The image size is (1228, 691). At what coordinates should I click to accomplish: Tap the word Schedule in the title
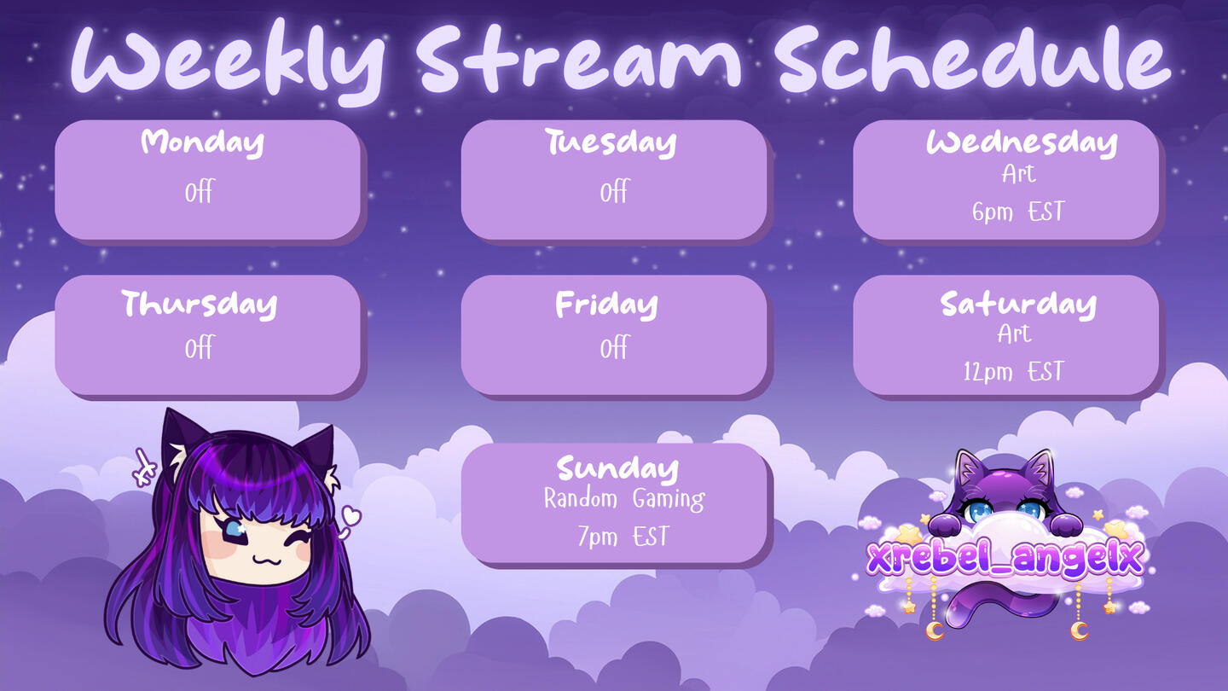coord(974,58)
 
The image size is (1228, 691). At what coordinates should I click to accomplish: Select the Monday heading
coord(202,142)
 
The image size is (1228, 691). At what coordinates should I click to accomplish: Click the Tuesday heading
coord(611,142)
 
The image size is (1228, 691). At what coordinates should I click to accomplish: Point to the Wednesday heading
coord(1022,142)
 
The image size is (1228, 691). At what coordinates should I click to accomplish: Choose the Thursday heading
coord(199,305)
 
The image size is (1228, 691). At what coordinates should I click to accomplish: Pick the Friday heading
coord(606,305)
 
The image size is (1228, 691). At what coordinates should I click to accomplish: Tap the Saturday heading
coord(1018,305)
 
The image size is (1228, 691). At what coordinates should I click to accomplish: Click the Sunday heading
coord(617,469)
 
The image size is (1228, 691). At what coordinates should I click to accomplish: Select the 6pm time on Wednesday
coord(993,212)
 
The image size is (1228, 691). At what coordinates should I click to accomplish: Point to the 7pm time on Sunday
coord(598,537)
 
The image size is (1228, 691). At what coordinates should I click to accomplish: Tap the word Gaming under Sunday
coord(669,500)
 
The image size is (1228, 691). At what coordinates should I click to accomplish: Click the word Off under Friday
coord(614,348)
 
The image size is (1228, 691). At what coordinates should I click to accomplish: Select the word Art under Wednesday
coord(1018,174)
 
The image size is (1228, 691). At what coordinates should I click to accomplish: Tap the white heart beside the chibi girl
coord(351,515)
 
